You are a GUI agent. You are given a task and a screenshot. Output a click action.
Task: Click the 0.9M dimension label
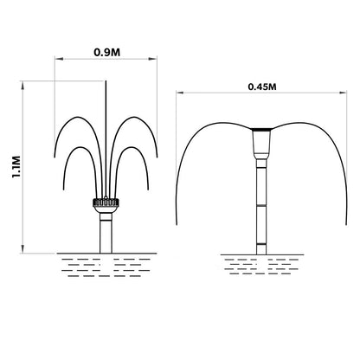pyautogui.click(x=107, y=52)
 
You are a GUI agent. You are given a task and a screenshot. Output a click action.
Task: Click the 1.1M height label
pyautogui.click(x=16, y=167)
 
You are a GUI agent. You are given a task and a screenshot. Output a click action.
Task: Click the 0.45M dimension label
pyautogui.click(x=262, y=87)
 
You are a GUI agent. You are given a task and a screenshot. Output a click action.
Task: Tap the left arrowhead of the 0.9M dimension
pyautogui.click(x=59, y=59)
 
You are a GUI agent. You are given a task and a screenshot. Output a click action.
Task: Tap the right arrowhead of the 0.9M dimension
pyautogui.click(x=153, y=59)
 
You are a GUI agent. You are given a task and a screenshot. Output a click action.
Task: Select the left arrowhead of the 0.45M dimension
pyautogui.click(x=180, y=93)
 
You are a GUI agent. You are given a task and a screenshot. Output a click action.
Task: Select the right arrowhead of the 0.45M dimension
pyautogui.click(x=343, y=93)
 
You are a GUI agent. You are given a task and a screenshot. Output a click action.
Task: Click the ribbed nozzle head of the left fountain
pyautogui.click(x=106, y=202)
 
